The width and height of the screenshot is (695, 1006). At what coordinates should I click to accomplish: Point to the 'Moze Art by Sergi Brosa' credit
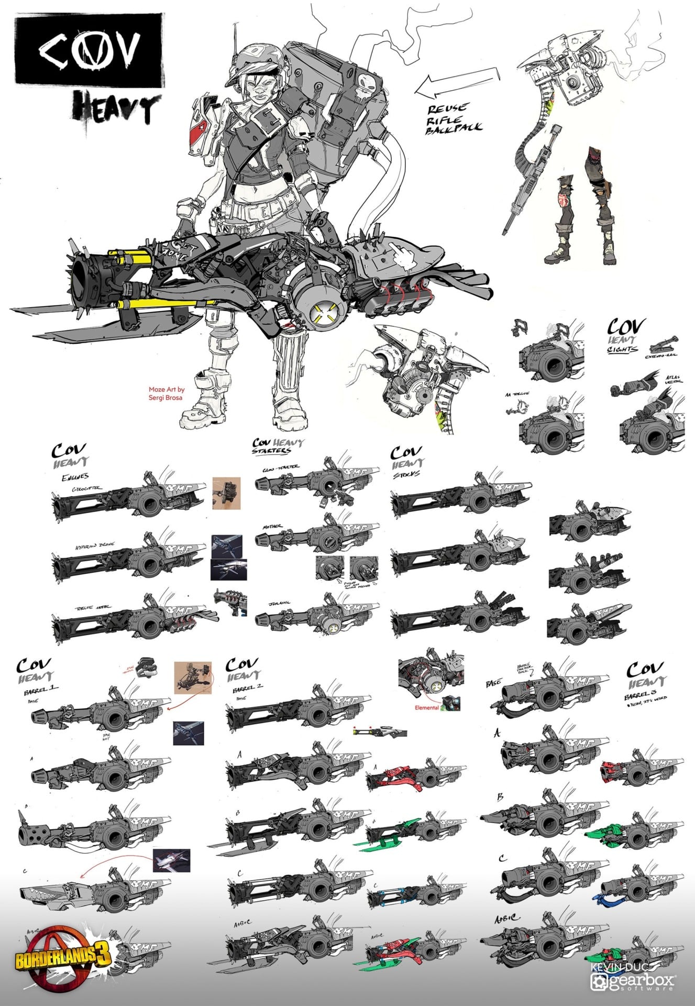tap(166, 393)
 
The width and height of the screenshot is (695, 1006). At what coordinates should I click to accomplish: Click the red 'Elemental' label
tap(426, 707)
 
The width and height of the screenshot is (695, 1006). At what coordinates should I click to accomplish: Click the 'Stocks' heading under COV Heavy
tap(406, 475)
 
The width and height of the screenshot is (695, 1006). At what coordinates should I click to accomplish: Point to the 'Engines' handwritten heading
tap(75, 477)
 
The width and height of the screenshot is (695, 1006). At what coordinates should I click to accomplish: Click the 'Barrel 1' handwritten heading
tap(41, 690)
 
